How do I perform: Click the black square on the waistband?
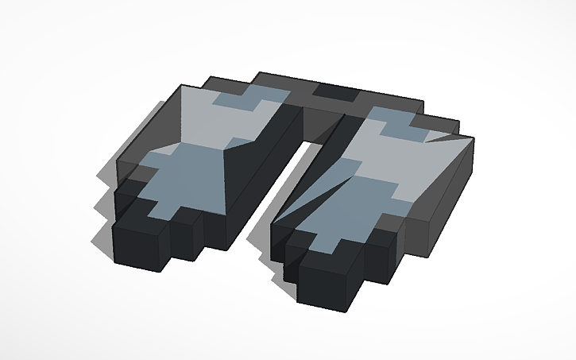click(334, 93)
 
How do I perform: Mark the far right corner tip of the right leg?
click(475, 137)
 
